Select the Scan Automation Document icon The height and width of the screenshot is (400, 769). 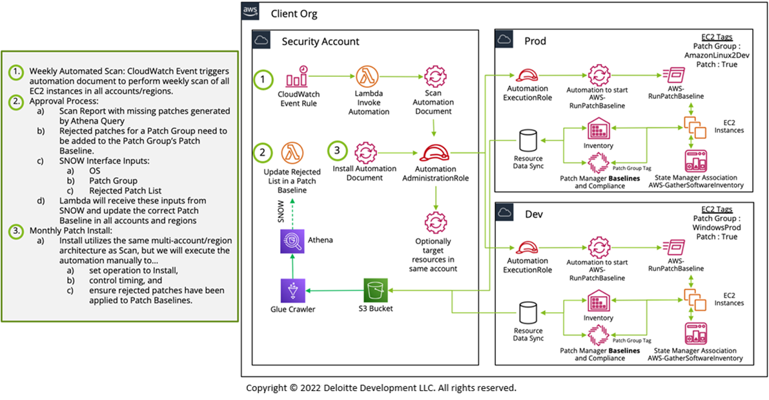433,77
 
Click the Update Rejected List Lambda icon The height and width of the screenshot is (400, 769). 291,154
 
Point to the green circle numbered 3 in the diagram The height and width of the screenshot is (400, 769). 338,151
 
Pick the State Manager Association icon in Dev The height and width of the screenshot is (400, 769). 696,334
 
